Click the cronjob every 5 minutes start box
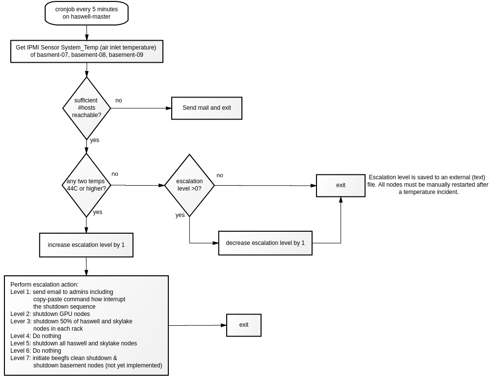point(86,13)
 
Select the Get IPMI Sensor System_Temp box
point(87,51)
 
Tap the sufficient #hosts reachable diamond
point(86,108)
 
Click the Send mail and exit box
point(207,108)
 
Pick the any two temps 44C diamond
point(86,185)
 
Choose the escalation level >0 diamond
point(189,185)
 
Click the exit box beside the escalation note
point(341,186)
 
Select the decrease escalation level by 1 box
point(265,243)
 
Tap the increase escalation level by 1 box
point(86,245)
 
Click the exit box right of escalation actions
point(244,325)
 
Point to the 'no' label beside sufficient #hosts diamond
point(119,100)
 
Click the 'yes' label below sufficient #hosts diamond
point(95,141)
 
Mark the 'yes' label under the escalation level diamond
point(180,215)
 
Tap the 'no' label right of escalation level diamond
point(220,175)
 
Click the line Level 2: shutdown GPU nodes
point(50,314)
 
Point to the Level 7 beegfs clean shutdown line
point(64,358)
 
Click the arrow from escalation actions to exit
point(197,325)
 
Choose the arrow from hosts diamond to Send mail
point(141,108)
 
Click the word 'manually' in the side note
point(439,185)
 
